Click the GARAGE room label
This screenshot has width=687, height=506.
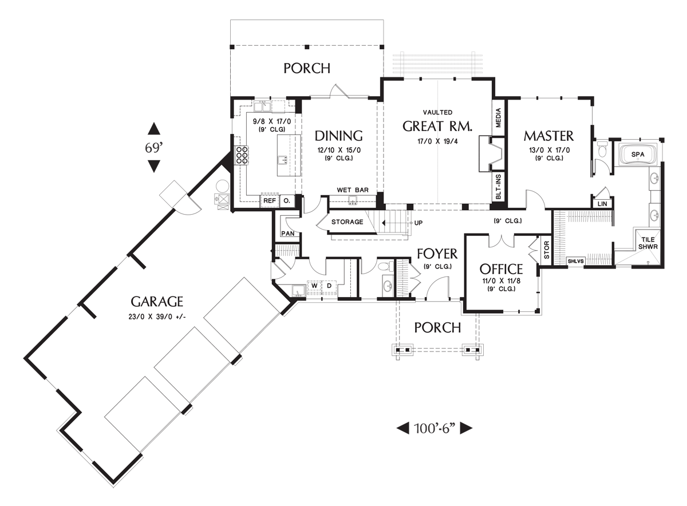pos(156,301)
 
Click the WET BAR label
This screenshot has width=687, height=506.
pos(352,189)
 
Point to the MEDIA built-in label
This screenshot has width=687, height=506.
pos(498,117)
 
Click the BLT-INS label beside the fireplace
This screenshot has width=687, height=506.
pos(498,187)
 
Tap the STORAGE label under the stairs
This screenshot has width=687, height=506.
pos(347,222)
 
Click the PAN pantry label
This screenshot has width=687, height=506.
pos(287,234)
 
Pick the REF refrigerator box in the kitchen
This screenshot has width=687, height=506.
pos(269,201)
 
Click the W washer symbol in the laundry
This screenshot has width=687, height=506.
pos(314,285)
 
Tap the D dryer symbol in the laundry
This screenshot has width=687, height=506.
pos(329,285)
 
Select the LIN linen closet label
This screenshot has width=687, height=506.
pos(602,203)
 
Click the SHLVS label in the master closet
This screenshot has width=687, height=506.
pos(575,262)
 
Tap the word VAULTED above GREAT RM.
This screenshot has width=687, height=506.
pos(437,113)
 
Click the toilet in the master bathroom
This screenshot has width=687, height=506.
pos(601,149)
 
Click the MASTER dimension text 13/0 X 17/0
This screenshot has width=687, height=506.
pos(548,150)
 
